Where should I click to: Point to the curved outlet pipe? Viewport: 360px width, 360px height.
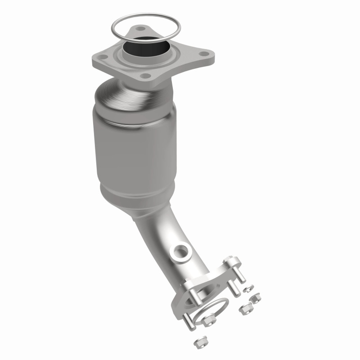(x=180, y=243)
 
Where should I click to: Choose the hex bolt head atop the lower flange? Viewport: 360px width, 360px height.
(x=229, y=261)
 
